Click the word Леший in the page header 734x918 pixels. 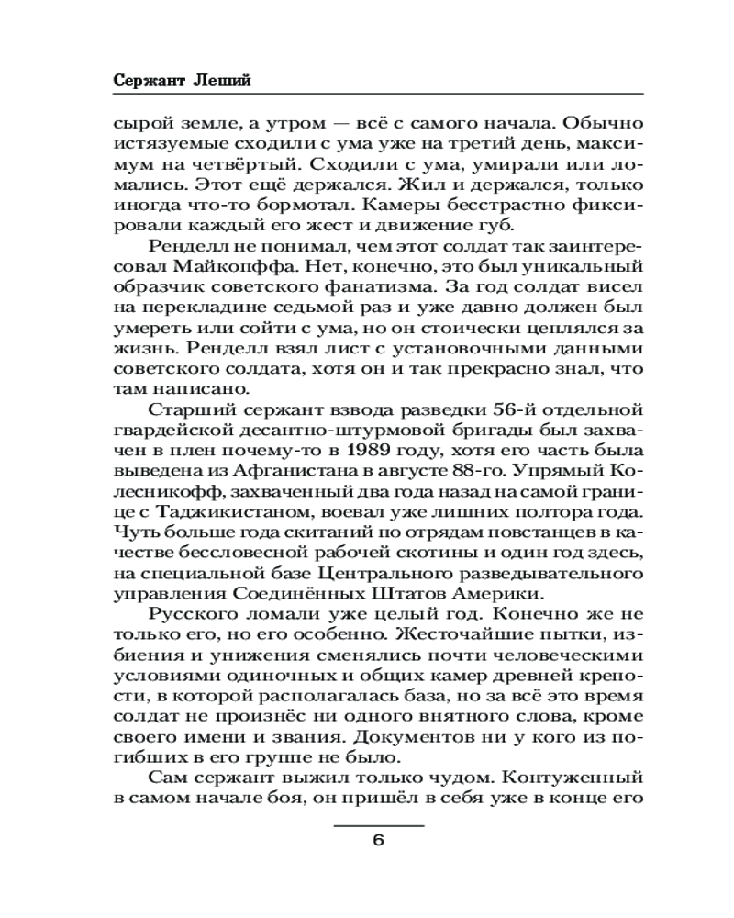(224, 80)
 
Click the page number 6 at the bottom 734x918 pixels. (378, 842)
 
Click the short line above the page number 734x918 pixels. (378, 826)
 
